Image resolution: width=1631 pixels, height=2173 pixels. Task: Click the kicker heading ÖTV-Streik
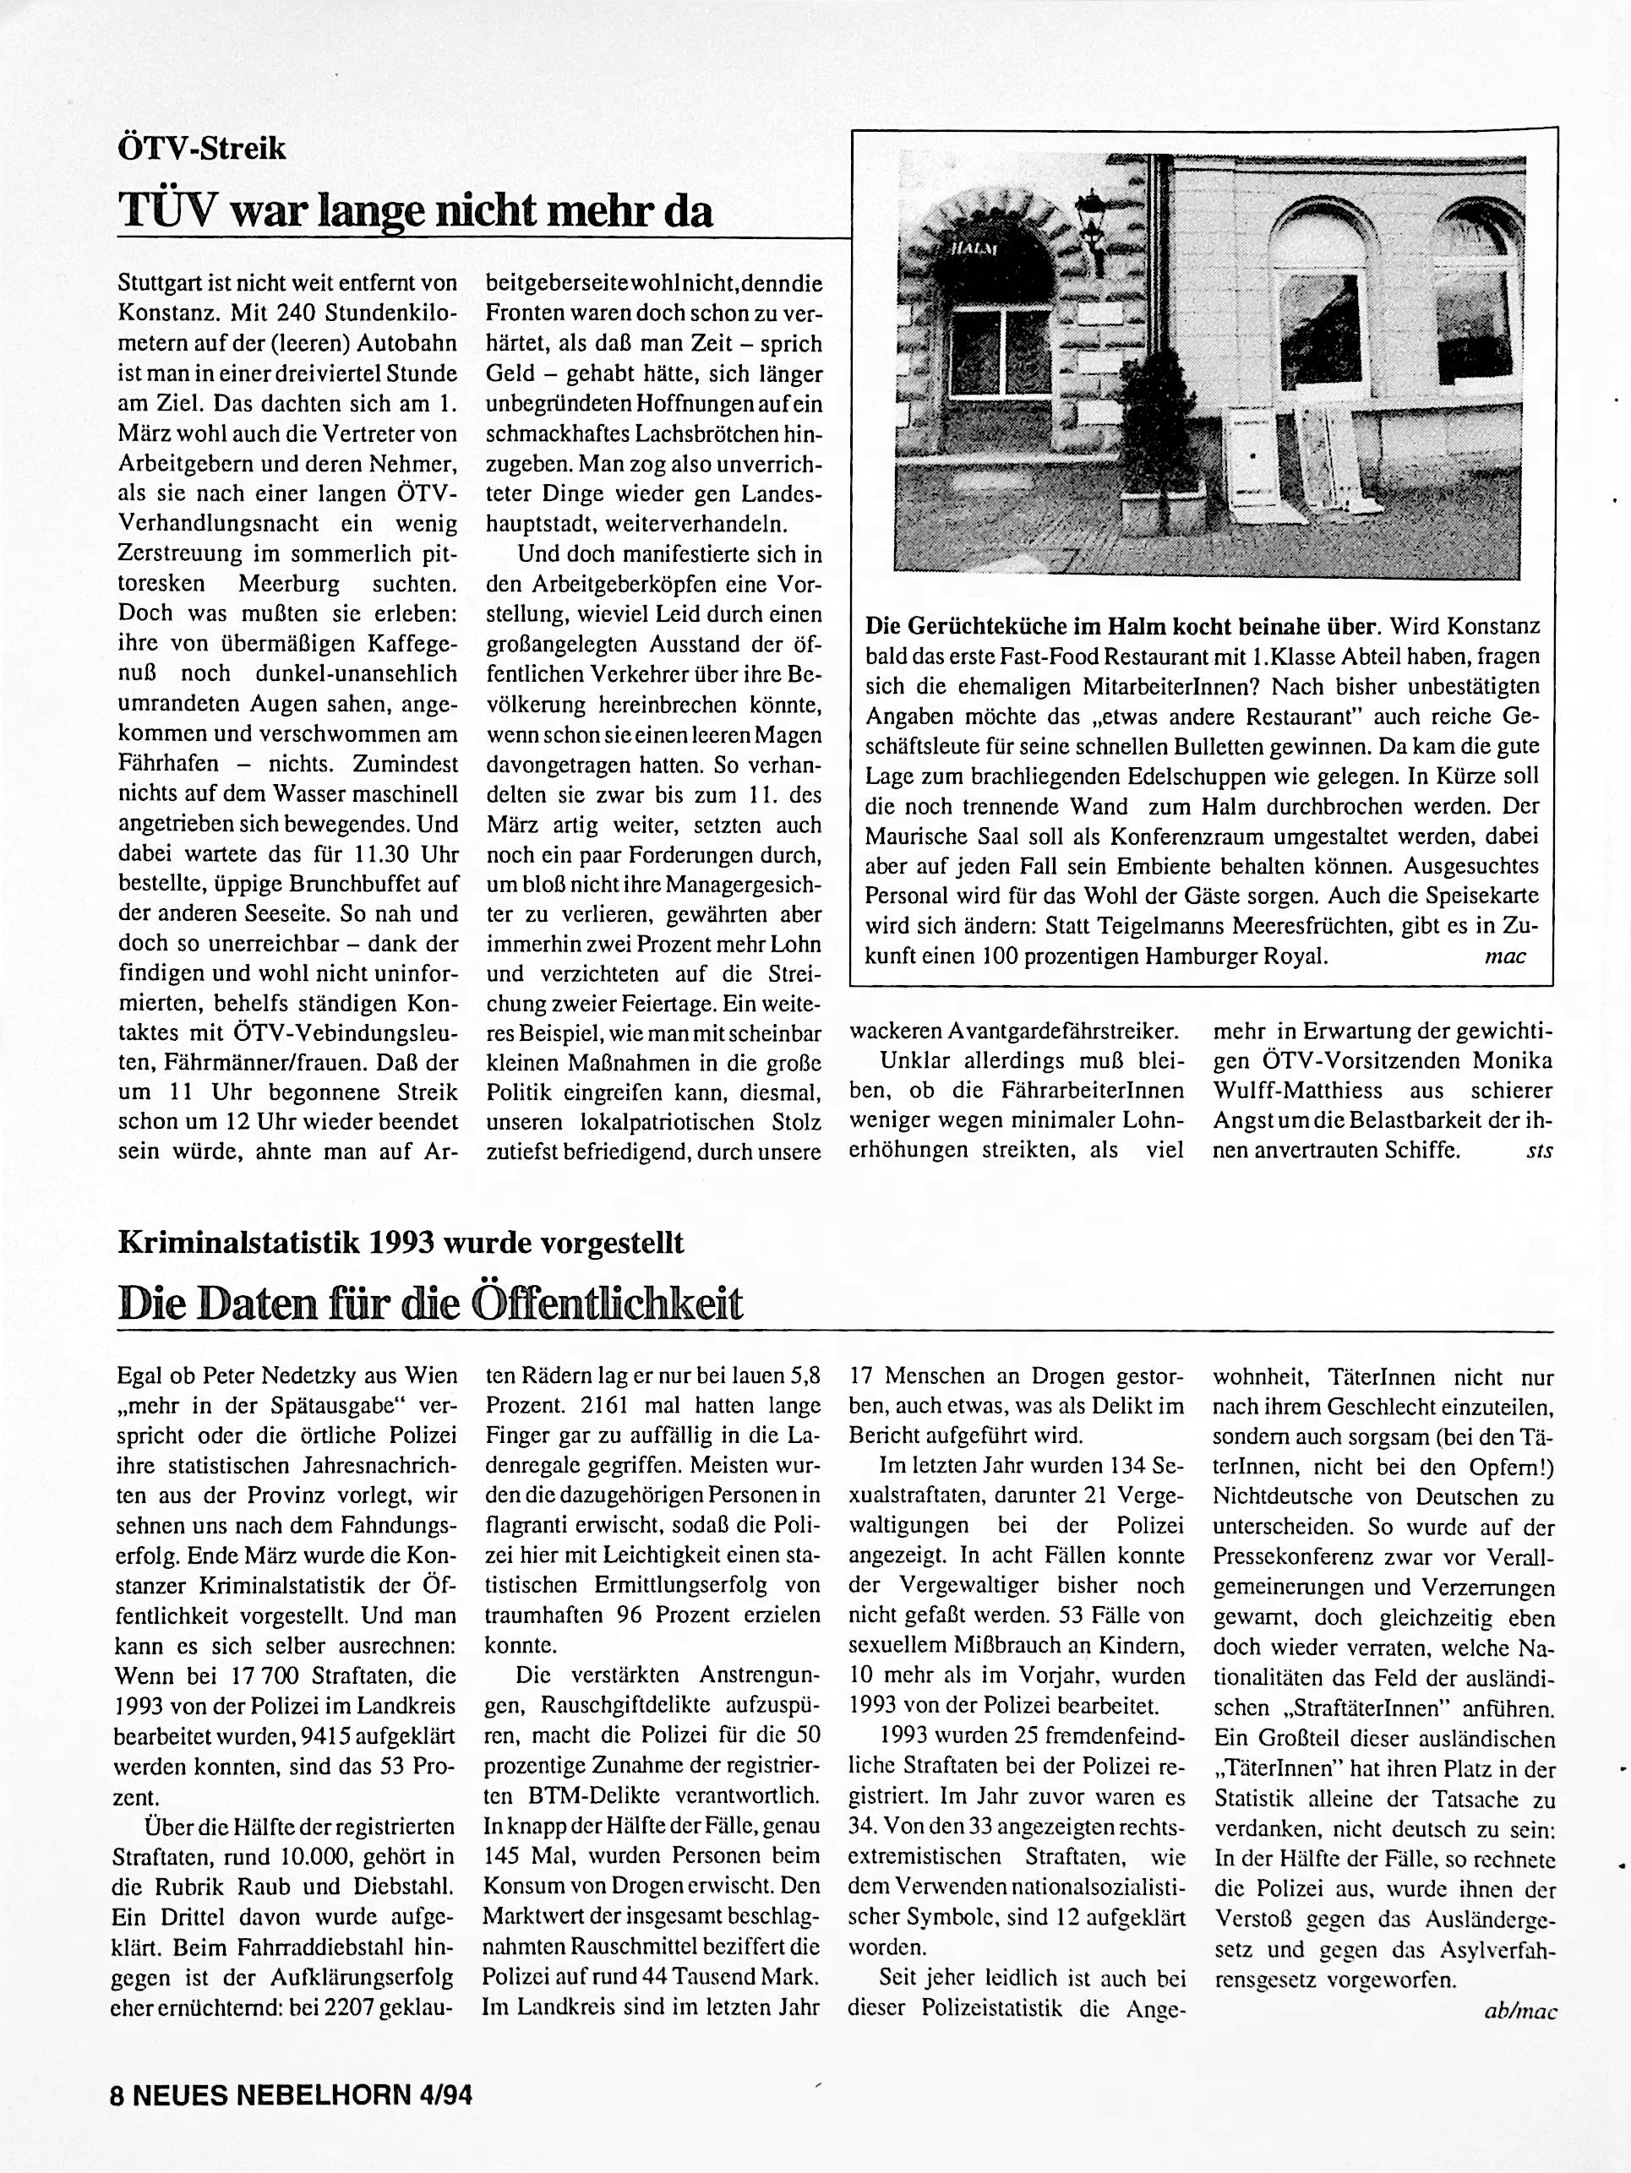tap(201, 149)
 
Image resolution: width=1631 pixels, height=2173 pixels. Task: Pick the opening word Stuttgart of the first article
tap(158, 285)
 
